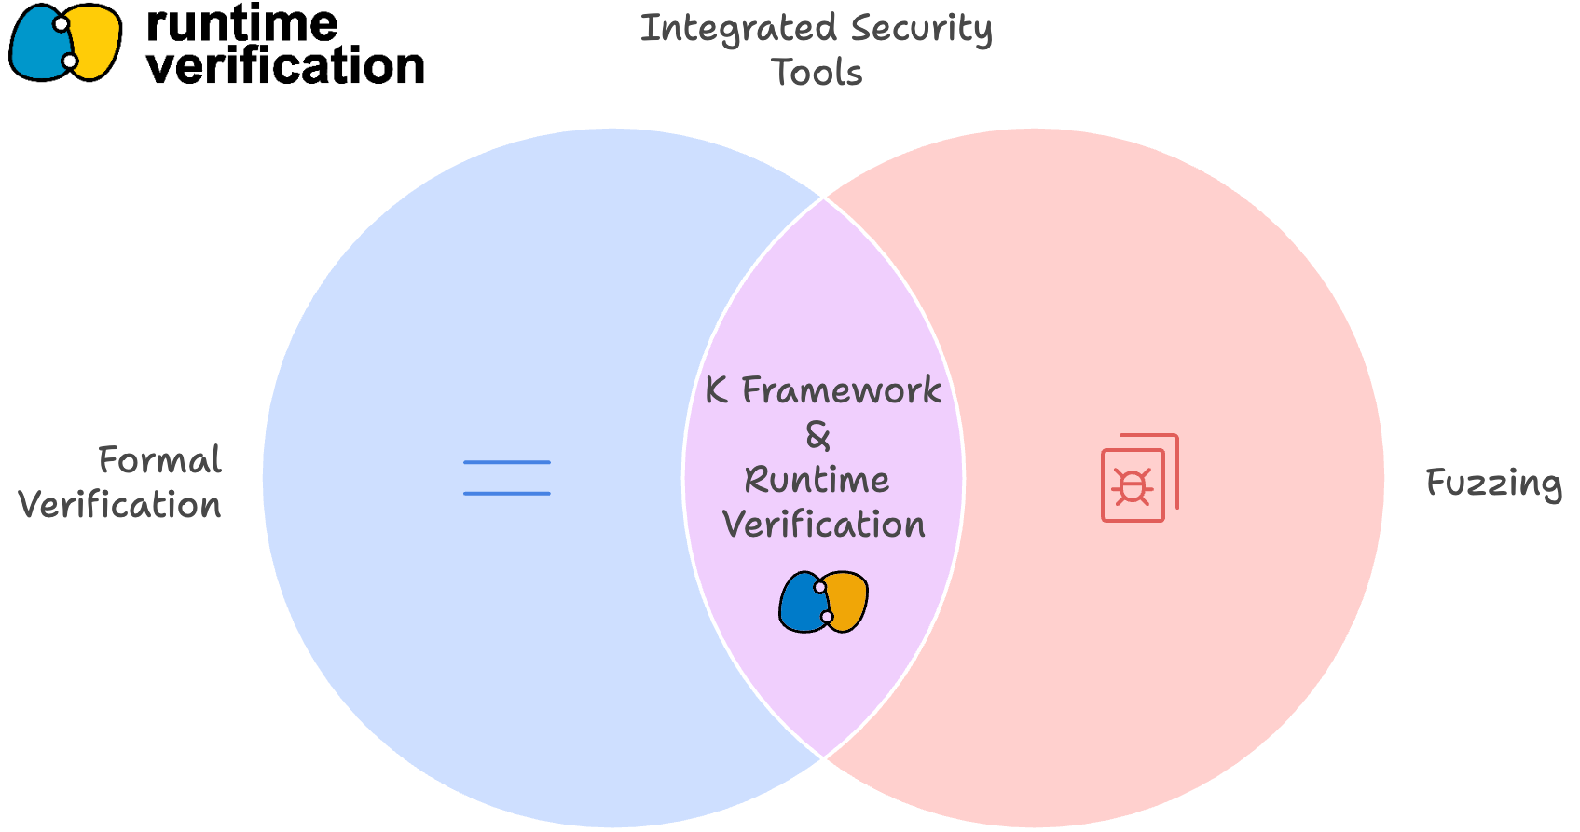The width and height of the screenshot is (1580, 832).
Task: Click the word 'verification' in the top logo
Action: click(285, 65)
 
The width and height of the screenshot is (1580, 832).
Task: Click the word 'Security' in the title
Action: click(922, 31)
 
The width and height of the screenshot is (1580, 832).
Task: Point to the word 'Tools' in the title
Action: click(817, 73)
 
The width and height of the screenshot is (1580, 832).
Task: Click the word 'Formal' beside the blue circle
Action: click(160, 460)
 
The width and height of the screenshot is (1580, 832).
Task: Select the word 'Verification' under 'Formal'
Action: click(120, 505)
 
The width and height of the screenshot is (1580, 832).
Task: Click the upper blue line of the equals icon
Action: click(506, 462)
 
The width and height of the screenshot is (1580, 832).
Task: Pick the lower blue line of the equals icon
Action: click(506, 494)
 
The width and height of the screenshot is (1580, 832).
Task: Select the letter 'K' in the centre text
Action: click(717, 389)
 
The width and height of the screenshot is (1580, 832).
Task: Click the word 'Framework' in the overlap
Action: click(842, 389)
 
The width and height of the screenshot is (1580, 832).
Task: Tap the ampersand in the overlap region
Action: click(818, 435)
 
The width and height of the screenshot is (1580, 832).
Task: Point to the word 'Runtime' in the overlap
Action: click(817, 480)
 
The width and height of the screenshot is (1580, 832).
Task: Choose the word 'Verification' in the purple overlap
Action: click(824, 525)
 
